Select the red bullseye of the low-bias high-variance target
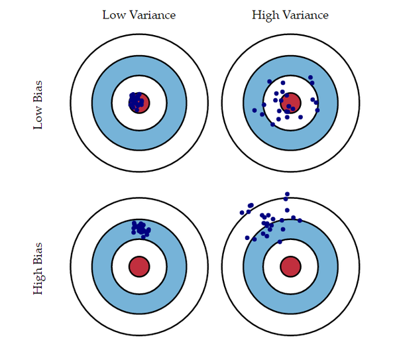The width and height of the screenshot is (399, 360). click(x=291, y=103)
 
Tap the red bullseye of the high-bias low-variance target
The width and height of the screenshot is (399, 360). click(x=139, y=266)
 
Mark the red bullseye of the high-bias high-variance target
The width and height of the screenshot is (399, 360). click(x=290, y=266)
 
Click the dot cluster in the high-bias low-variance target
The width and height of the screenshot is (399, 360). click(x=140, y=228)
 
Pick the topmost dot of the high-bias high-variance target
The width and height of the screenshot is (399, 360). click(x=286, y=194)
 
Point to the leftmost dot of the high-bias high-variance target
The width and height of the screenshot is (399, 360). click(x=242, y=213)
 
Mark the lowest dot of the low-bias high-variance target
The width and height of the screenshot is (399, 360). click(x=272, y=124)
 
